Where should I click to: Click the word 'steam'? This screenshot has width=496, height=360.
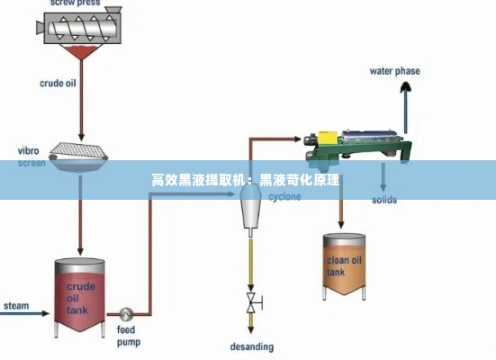click(16, 306)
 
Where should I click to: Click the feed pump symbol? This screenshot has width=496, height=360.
click(126, 314)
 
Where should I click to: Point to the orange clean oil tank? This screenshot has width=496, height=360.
click(345, 266)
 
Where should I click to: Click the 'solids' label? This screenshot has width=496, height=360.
click(384, 200)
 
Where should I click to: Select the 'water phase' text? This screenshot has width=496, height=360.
click(394, 71)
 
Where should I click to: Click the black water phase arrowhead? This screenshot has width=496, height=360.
click(408, 86)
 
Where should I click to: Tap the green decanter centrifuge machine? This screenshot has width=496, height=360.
click(360, 145)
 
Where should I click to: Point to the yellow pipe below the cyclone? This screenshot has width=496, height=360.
click(250, 261)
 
